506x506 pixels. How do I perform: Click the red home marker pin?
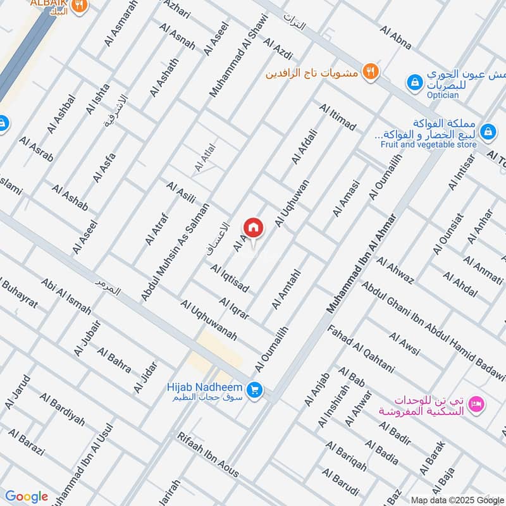pos(253,228)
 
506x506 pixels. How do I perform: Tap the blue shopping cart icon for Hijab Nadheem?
pos(255,390)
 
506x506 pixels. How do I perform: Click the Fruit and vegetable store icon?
pos(488,132)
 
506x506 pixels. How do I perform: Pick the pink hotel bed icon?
pos(478,402)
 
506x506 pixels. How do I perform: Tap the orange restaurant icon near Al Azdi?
pos(371,71)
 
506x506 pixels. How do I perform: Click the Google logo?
pos(27,497)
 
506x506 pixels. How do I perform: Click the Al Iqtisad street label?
pos(230,279)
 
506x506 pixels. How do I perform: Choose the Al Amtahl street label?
pos(285,290)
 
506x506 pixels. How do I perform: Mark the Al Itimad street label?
pos(338,118)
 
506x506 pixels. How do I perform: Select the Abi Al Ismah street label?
pos(66,295)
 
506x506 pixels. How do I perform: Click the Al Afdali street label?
pos(304,146)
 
